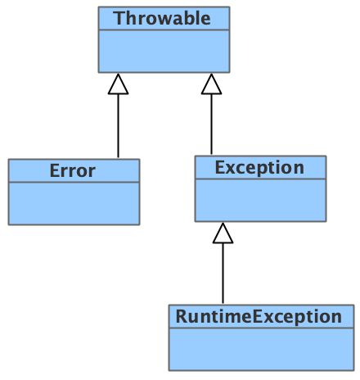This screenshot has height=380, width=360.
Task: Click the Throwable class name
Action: (x=163, y=18)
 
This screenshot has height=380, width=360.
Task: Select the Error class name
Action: (x=73, y=170)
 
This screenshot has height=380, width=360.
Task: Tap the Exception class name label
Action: (x=259, y=168)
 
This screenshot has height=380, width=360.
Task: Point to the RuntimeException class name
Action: (x=259, y=317)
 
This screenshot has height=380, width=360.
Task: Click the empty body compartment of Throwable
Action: (x=164, y=51)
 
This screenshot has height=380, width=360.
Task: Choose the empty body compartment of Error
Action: (x=74, y=203)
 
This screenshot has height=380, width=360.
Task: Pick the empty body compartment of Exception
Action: (x=260, y=200)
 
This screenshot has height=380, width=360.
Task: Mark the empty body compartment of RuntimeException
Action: (x=261, y=349)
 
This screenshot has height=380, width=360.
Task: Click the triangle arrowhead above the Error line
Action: (x=118, y=84)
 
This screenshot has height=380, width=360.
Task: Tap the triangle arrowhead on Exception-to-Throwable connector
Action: (x=211, y=84)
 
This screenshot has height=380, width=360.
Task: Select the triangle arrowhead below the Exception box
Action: (x=223, y=233)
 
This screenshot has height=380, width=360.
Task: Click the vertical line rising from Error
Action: (x=118, y=126)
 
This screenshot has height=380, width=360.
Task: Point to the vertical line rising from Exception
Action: (x=211, y=124)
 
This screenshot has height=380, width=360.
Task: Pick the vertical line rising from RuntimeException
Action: (x=223, y=274)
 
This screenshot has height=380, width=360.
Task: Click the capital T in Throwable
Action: (x=119, y=18)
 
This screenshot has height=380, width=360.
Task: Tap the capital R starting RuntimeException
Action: (x=181, y=316)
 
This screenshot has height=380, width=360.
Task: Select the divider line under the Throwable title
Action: (x=164, y=29)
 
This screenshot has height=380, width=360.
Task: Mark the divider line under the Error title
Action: (x=74, y=182)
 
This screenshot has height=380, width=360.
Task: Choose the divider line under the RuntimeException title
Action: (x=261, y=328)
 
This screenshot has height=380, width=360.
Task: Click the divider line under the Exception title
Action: (x=260, y=179)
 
